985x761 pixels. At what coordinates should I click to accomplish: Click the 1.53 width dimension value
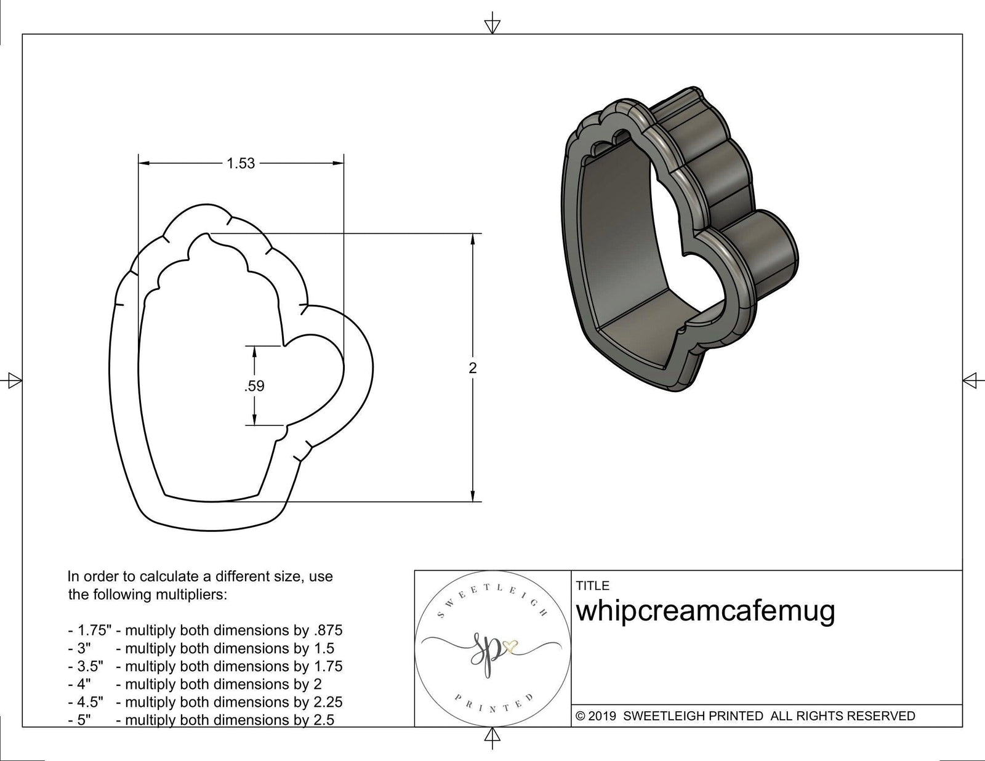(240, 163)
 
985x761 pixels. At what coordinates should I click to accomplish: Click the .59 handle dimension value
(254, 386)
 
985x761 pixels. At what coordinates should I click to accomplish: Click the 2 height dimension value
(472, 368)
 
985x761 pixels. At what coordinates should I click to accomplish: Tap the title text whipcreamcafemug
(706, 611)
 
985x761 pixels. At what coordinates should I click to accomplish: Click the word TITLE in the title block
(592, 586)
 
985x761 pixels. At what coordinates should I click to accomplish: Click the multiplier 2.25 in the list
(327, 702)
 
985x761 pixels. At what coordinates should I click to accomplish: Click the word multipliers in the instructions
(194, 595)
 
